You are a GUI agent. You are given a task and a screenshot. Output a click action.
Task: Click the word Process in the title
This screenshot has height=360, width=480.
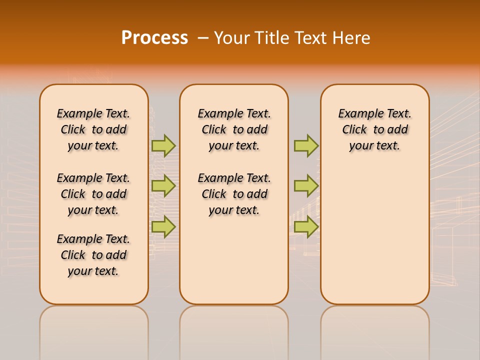point(154,37)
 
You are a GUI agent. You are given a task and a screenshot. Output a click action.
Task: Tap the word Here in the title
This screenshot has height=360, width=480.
point(353,37)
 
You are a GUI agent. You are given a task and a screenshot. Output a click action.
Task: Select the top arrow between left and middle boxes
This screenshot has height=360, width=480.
point(163,145)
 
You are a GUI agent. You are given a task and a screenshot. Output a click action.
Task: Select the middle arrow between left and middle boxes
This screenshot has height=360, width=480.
point(163,186)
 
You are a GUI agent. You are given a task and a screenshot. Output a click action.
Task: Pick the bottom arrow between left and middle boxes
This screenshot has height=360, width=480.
point(163,226)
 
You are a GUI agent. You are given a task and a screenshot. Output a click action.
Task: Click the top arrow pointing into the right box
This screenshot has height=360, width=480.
point(306,145)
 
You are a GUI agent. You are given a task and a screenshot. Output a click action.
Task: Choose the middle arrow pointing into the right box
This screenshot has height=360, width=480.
point(306,186)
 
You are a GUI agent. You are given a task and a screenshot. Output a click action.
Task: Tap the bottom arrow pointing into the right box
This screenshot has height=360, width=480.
point(306,226)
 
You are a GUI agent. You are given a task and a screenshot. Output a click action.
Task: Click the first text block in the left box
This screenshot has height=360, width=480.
point(93,129)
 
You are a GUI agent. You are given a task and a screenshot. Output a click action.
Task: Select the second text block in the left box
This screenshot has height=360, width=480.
point(93,194)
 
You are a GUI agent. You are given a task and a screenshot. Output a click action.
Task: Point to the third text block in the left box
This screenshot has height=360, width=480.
point(93,255)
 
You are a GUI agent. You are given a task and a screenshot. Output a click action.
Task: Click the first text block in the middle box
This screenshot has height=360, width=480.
point(234,129)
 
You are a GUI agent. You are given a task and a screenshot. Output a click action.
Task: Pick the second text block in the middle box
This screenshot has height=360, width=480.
point(234,194)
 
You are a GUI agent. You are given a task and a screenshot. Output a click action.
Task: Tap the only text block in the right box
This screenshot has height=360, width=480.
point(374,129)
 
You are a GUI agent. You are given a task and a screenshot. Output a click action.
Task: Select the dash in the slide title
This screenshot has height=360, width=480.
point(203,37)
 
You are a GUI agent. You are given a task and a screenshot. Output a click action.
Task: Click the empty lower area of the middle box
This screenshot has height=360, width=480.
point(234,260)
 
